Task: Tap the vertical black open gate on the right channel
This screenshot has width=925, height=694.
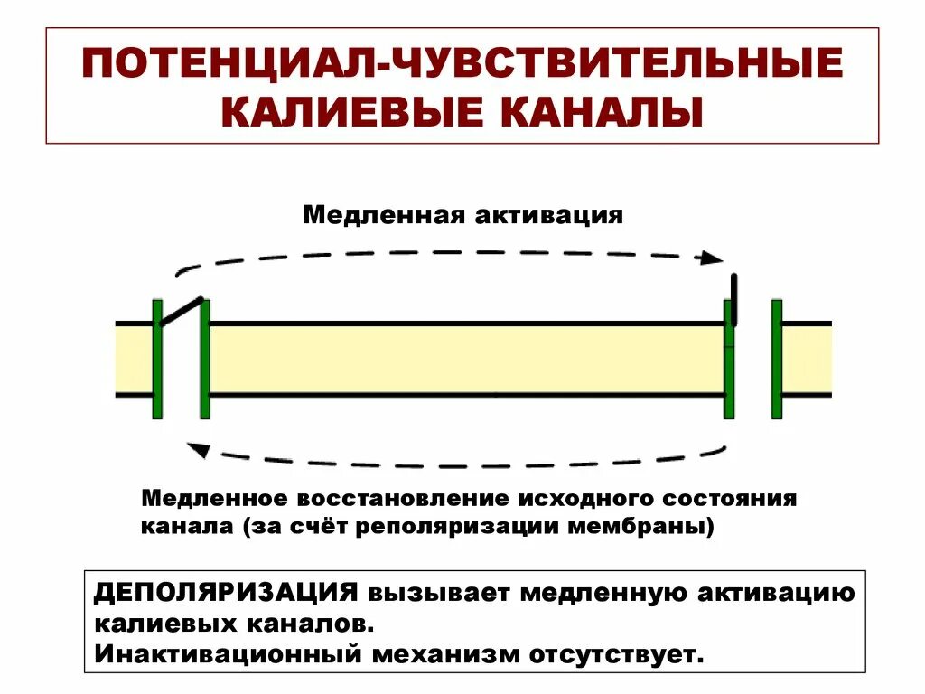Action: pyautogui.click(x=733, y=298)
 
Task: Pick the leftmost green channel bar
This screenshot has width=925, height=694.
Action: pyautogui.click(x=157, y=359)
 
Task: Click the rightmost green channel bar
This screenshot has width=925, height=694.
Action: pyautogui.click(x=776, y=359)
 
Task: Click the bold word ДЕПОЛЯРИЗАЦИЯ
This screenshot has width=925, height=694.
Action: pyautogui.click(x=226, y=593)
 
